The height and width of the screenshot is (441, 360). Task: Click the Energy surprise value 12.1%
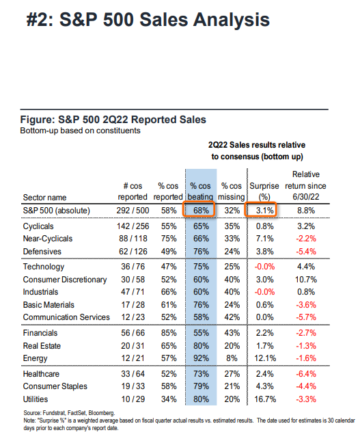coord(265,358)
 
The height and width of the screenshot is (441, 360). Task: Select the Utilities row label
coord(36,399)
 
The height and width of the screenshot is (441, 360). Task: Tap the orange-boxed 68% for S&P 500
coord(201,211)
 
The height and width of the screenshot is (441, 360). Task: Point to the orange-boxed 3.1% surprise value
coord(265,211)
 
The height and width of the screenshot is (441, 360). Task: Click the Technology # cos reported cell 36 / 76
coord(133,267)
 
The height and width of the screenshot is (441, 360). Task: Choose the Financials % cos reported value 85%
coord(169,333)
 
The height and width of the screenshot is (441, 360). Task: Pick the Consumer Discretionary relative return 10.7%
coord(306,280)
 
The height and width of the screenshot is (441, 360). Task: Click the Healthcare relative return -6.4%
coord(306,374)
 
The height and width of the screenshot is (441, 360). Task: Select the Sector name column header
coord(44,198)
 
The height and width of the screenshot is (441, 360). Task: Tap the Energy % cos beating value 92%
coord(201,358)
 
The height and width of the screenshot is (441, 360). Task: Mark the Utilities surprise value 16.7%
coord(265,399)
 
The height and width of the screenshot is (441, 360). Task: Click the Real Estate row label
coord(42,346)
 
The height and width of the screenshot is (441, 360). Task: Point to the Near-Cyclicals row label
coord(48,239)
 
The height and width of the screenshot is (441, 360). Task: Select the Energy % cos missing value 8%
coord(232,358)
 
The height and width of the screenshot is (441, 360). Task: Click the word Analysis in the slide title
coord(232,20)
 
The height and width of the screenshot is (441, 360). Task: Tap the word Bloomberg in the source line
coord(102,413)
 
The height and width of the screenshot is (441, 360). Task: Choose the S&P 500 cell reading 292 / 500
coord(133,211)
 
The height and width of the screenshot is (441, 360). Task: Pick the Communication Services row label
coord(66,317)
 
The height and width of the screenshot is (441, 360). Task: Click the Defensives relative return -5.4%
coord(306,252)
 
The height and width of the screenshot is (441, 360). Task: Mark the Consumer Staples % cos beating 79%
coord(201,386)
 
